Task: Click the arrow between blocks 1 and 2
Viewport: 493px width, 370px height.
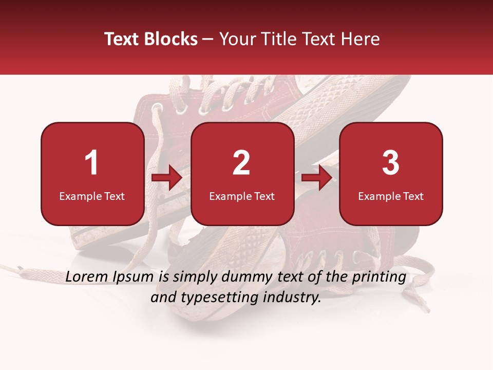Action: (x=167, y=178)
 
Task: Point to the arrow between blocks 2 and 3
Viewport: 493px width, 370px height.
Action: (x=317, y=178)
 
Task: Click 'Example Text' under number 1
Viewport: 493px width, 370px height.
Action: (x=92, y=196)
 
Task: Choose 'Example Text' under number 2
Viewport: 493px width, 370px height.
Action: (x=242, y=196)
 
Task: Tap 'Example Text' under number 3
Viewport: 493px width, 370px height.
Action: (x=391, y=196)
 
